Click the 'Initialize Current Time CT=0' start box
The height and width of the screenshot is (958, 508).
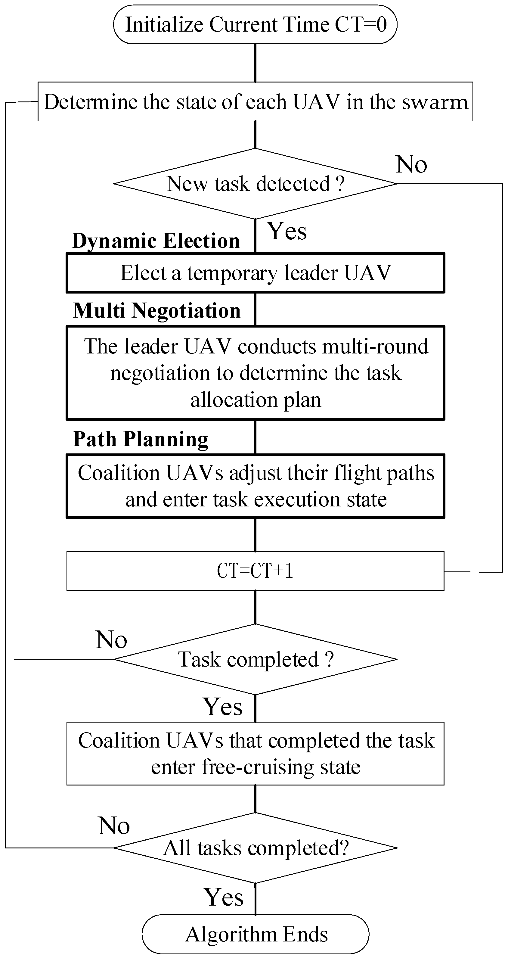coord(255,25)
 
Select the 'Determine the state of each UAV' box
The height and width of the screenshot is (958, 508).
coord(255,101)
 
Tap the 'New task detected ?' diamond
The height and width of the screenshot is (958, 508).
coord(255,184)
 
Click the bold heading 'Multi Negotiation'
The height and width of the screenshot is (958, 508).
coord(157,310)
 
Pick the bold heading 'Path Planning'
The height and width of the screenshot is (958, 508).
coord(141,439)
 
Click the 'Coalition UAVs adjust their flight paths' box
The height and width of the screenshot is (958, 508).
coord(255,486)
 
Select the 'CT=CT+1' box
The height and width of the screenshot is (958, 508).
coord(255,571)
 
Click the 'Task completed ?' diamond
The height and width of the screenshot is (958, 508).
coord(255,659)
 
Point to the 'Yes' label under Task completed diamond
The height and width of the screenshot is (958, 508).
coord(222,706)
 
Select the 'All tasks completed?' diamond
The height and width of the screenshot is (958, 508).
coord(255,848)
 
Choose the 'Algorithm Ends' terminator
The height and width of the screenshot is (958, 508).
coord(255,934)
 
